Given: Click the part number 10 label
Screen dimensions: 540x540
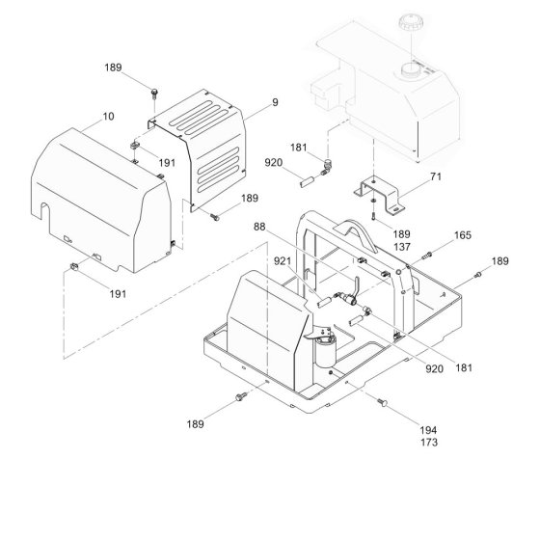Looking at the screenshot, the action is [108, 117].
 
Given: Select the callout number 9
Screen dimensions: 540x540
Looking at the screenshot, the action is [275, 102].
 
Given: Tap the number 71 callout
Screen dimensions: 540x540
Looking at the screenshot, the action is [435, 176].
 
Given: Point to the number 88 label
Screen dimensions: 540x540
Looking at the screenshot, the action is [259, 227].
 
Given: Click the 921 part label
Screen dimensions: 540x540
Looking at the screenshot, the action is [283, 261].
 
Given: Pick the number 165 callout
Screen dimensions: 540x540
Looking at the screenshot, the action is [463, 235].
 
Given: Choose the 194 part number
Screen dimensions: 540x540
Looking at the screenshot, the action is [428, 430].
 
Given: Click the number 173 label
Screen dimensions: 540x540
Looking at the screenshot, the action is [429, 443].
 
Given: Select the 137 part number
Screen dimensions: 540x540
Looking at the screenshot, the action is [402, 247].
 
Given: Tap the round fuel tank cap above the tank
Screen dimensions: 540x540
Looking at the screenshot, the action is [411, 25].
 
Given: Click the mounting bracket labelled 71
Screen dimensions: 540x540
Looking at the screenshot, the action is [380, 195].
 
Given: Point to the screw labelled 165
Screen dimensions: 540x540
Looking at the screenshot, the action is [426, 256].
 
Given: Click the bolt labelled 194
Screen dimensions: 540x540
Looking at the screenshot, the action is [383, 401].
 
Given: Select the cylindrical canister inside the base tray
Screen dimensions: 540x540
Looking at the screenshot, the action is [325, 352].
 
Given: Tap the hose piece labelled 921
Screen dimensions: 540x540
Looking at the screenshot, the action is [324, 303].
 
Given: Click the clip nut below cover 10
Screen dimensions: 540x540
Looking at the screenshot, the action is [73, 266].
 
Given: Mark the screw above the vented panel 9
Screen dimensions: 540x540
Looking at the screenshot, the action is [154, 93].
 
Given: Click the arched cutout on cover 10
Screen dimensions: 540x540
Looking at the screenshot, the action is [44, 211].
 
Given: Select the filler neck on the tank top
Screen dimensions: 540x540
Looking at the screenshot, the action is [411, 69].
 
